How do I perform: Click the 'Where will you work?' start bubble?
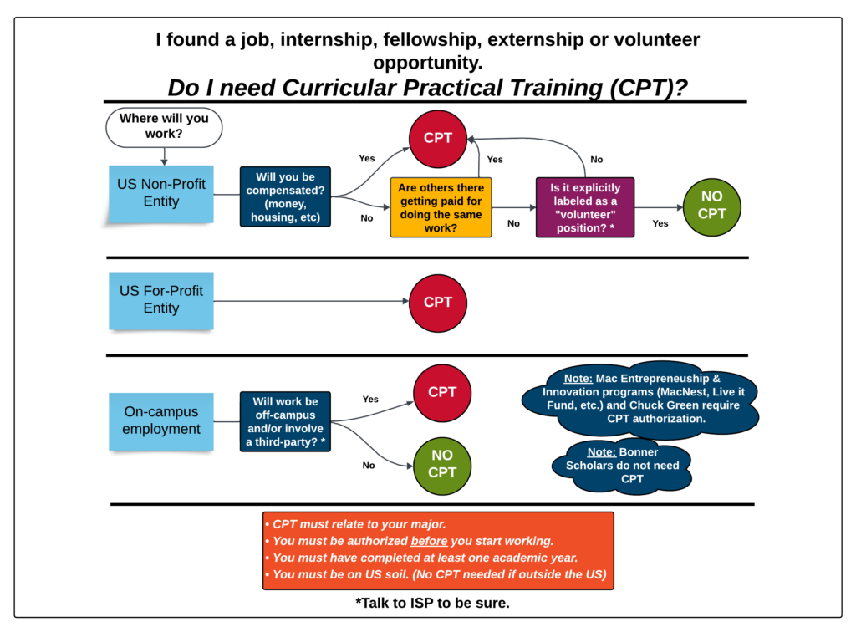coord(164,127)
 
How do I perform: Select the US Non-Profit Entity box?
coord(161,193)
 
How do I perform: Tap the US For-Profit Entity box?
coord(161,300)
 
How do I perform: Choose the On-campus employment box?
coord(161,420)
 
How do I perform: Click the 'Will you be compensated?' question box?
coord(286,197)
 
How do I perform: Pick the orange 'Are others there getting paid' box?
coord(441,207)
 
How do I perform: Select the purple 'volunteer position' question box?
coord(584,207)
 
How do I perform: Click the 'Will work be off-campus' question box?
coord(285,421)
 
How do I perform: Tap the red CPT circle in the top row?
coord(438,139)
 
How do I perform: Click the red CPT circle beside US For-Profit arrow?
coord(438,303)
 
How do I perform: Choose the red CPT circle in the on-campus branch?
coord(442,392)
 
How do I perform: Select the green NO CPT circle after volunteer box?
coord(711,206)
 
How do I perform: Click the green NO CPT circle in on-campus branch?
coord(442,464)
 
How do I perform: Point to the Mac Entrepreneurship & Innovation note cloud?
coord(640,398)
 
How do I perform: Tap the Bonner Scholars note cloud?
coord(622,466)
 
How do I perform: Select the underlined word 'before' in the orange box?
coord(429,541)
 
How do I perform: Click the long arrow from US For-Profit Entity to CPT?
coord(309,302)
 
